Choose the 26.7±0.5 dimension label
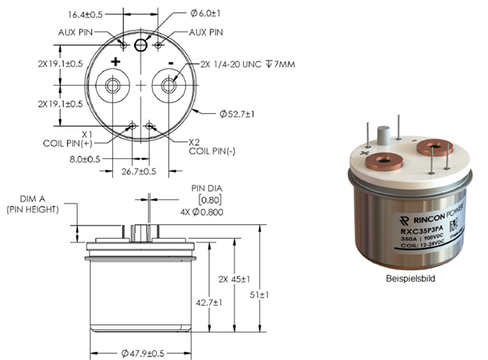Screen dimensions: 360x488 (x=141, y=171)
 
